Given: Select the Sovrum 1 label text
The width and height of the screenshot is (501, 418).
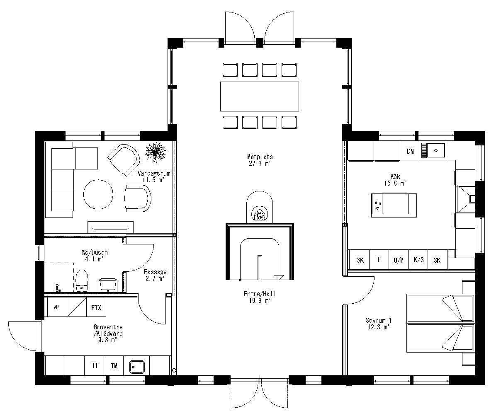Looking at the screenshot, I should [378, 323].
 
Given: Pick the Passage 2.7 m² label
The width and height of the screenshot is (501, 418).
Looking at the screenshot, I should [155, 275].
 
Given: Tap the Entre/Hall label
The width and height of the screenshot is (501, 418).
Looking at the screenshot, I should [260, 297].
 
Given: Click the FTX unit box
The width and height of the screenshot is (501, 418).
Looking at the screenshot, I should [96, 308].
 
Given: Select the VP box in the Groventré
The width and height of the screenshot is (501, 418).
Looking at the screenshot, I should [56, 308].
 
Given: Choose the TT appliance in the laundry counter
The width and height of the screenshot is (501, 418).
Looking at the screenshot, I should [95, 365].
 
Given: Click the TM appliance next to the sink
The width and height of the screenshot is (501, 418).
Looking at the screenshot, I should [114, 365].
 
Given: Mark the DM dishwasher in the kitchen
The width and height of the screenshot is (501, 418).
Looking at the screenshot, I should [410, 151].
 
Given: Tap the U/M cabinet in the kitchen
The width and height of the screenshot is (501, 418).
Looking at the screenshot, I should [398, 260].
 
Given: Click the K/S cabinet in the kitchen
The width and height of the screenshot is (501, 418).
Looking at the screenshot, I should [418, 260].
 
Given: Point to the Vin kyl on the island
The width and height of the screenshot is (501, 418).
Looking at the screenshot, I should [377, 205].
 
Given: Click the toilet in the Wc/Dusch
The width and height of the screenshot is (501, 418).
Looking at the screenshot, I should [82, 281].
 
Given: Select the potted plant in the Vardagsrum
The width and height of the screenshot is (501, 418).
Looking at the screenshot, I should [156, 152].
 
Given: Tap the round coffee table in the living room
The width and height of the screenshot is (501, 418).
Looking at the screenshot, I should [98, 195].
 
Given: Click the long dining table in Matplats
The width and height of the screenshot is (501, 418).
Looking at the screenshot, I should [259, 97].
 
